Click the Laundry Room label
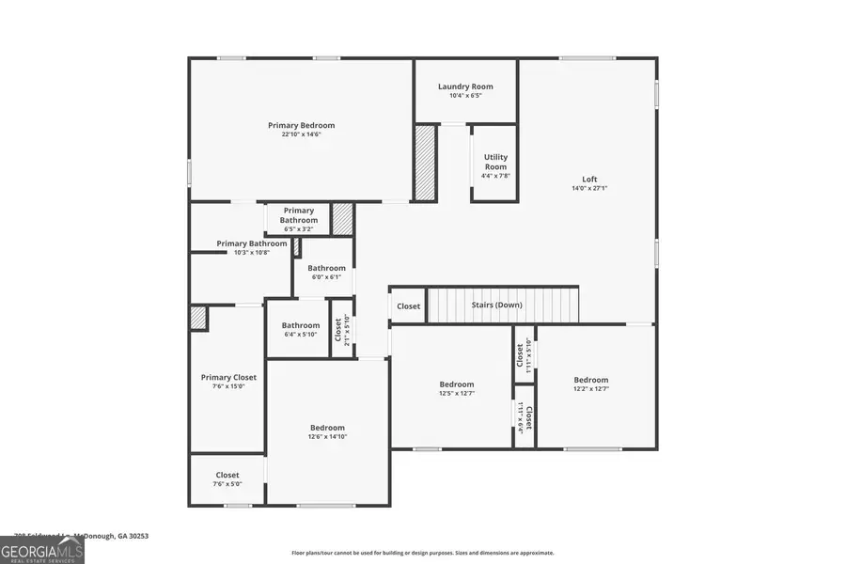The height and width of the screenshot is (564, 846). pos(465,86)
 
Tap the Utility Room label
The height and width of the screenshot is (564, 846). pos(495,162)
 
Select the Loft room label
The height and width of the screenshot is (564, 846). pos(589,180)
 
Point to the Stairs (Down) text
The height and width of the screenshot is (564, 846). pos(497,305)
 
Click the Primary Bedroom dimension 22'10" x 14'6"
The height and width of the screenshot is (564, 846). pos(301,134)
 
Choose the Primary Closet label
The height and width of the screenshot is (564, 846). pos(228,378)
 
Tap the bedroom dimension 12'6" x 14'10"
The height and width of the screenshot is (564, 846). pos(327,437)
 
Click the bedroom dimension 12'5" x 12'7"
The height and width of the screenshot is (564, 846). pos(457,393)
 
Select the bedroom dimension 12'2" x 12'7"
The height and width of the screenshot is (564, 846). pos(591,389)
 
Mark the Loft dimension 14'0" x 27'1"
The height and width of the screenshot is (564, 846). pos(589,188)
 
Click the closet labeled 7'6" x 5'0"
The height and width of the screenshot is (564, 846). pos(227,479)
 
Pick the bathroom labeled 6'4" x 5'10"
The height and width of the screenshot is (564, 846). pos(300,330)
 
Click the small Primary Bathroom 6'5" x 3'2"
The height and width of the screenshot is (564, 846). pos(298,220)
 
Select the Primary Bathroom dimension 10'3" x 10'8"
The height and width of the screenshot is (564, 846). pos(252,252)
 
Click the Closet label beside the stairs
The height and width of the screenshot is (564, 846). pos(408,306)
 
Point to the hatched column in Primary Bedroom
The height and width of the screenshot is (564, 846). pos(425,162)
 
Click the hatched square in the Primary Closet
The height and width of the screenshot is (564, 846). pos(198,318)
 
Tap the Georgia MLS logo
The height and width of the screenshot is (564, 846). pos(42,549)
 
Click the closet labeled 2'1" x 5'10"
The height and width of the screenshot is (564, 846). pos(343,329)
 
